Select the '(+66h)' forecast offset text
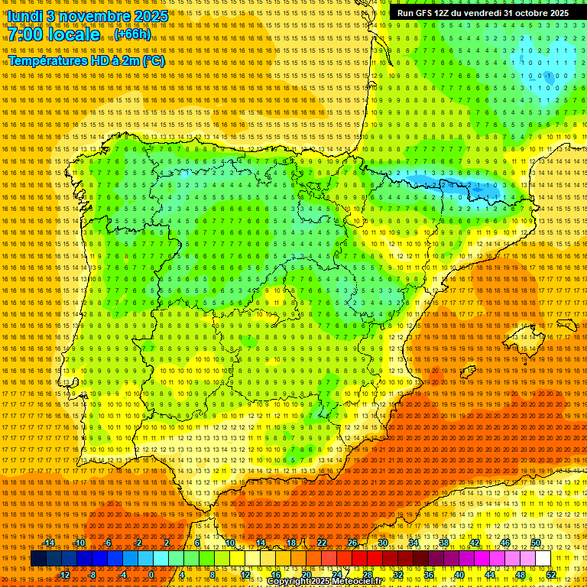(133, 34)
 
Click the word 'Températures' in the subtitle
(45, 60)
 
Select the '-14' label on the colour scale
(50, 543)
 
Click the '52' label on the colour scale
(551, 574)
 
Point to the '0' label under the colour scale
(151, 574)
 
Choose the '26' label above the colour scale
(352, 543)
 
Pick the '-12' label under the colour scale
(64, 574)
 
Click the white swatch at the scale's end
(543, 559)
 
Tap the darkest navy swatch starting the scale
(37, 559)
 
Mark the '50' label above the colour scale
(536, 543)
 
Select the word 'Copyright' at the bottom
(293, 582)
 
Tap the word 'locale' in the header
(76, 34)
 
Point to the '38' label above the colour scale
(443, 543)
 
